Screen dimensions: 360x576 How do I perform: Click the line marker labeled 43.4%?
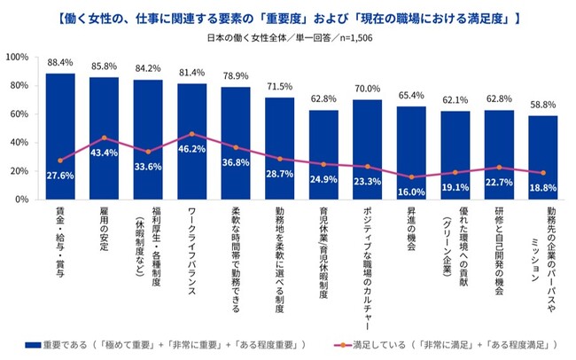pyautogui.click(x=105, y=137)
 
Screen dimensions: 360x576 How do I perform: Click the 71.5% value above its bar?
pyautogui.click(x=279, y=87)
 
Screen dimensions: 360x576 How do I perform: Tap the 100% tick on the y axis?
pyautogui.click(x=19, y=58)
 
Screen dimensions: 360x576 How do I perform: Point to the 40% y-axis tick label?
pyautogui.click(x=19, y=143)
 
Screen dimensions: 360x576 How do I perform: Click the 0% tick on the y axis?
pyautogui.click(x=22, y=200)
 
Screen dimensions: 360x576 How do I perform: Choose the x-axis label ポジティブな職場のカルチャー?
pyautogui.click(x=368, y=257)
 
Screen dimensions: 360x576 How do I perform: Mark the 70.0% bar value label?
pyautogui.click(x=368, y=90)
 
